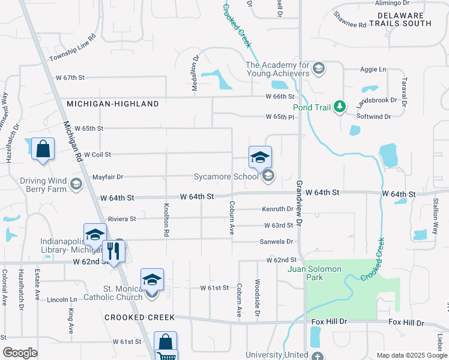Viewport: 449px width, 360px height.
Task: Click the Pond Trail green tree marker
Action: tap(340, 107)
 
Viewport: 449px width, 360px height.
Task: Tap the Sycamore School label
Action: tap(225, 176)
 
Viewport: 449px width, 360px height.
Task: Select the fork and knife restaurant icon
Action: tap(112, 250)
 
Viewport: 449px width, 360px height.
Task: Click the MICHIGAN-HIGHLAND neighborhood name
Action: tap(113, 104)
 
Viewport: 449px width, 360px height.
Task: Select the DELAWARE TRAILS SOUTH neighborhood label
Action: tap(400, 18)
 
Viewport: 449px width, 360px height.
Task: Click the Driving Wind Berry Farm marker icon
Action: tap(76, 184)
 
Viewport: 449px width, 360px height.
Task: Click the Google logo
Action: tap(20, 353)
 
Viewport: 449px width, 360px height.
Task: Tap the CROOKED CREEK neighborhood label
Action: tap(139, 317)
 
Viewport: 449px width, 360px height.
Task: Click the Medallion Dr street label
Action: tap(194, 74)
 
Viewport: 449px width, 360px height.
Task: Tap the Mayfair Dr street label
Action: tap(108, 177)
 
